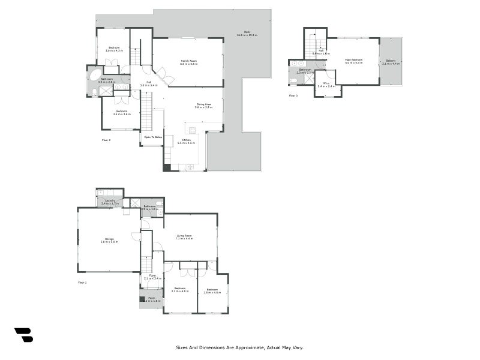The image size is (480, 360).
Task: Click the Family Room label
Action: [190, 61]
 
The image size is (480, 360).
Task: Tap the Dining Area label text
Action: [203, 104]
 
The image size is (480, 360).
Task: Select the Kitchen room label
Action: [187, 140]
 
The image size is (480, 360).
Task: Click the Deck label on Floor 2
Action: [247, 32]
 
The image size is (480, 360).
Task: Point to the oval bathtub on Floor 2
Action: [95, 75]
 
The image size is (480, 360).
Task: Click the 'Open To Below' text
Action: [153, 137]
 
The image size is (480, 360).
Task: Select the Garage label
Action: [109, 239]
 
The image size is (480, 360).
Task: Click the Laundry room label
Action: [109, 201]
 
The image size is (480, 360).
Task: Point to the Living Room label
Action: [184, 236]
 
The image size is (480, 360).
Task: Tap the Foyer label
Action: [153, 276]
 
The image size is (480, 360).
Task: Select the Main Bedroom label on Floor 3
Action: [353, 59]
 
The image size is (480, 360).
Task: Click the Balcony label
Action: [391, 60]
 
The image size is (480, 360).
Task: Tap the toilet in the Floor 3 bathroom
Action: [293, 80]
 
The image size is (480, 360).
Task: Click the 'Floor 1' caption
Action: [82, 282]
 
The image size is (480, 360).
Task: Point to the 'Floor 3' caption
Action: [293, 95]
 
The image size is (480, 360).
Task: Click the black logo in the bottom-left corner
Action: [23, 335]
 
